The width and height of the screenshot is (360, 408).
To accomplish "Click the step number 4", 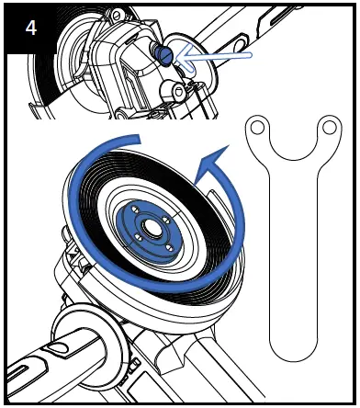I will point(30,28).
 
